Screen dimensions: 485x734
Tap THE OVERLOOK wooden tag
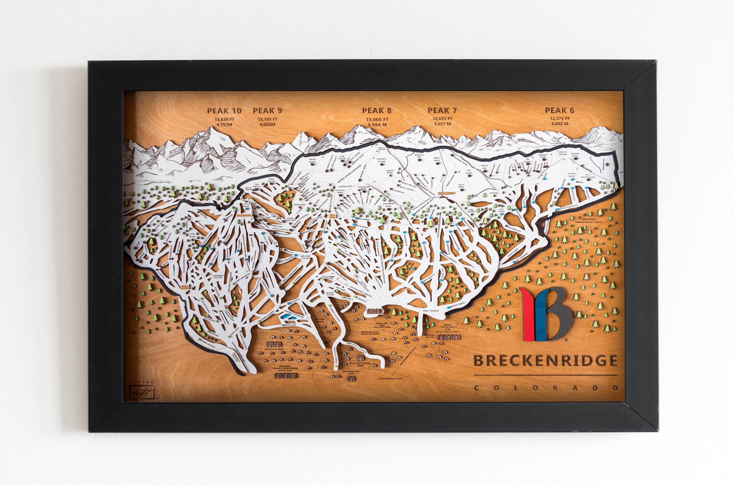click(244, 214)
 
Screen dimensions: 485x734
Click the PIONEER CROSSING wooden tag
click(446, 193)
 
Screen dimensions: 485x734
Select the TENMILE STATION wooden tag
click(184, 286)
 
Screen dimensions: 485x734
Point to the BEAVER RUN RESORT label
click(274, 349)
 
